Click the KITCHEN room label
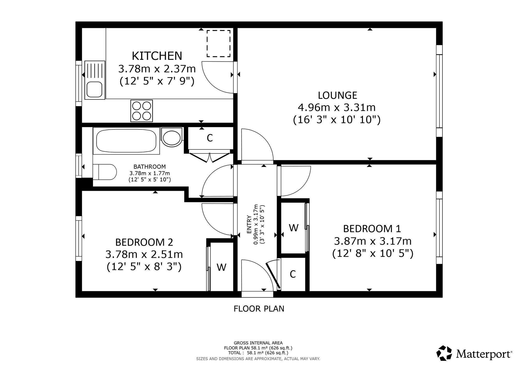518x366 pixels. (x=157, y=56)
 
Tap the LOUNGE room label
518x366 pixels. (x=337, y=96)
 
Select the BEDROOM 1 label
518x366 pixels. (x=372, y=229)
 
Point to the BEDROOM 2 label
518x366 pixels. (x=144, y=242)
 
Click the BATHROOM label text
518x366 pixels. (x=149, y=167)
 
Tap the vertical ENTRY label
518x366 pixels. (x=249, y=224)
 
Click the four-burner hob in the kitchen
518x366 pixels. (x=142, y=111)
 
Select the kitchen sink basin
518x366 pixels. (x=94, y=89)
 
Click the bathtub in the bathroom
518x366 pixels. (x=126, y=141)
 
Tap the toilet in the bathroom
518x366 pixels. (x=105, y=172)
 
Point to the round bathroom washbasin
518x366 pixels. (x=172, y=138)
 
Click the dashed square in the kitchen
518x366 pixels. (x=218, y=43)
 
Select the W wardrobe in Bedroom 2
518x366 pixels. (x=221, y=267)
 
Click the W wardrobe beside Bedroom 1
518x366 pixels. (x=293, y=228)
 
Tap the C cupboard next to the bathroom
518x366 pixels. (x=210, y=138)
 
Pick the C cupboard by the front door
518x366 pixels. (x=293, y=274)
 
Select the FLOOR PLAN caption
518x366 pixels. (x=259, y=309)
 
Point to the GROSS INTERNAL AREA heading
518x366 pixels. (x=258, y=343)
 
